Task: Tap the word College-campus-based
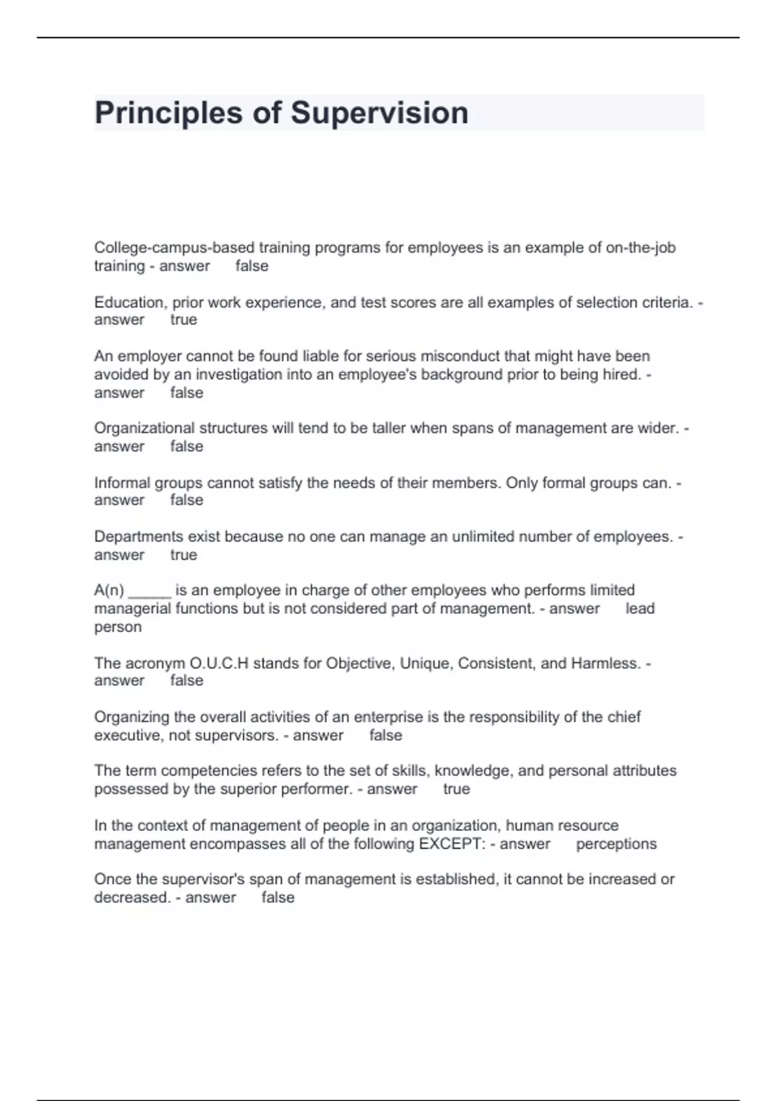(x=174, y=247)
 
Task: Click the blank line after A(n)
(x=150, y=591)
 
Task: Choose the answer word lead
(x=640, y=609)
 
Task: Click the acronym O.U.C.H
(x=219, y=663)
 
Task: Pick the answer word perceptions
(x=616, y=844)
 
